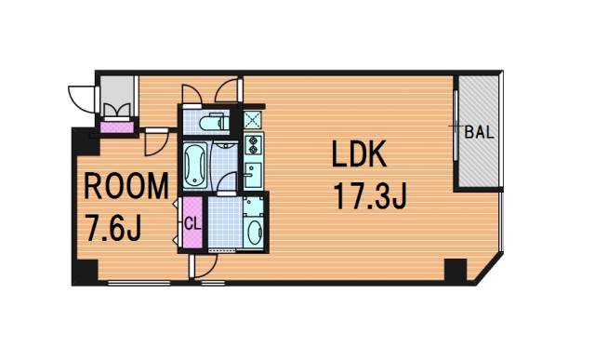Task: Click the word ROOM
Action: [x=126, y=186]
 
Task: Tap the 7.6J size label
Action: [x=113, y=228]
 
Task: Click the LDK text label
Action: [x=359, y=153]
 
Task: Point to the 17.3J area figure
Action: [x=370, y=195]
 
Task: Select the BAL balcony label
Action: [x=480, y=132]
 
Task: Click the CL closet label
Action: [x=192, y=223]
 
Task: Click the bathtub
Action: [x=196, y=166]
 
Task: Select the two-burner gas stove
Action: [x=253, y=144]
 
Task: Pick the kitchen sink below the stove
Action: [x=253, y=175]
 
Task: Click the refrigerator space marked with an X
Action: [x=252, y=120]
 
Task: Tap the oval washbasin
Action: [x=254, y=233]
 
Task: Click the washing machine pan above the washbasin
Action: [x=254, y=206]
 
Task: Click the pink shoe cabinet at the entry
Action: [x=117, y=127]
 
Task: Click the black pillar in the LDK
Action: [x=455, y=271]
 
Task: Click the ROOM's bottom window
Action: [x=139, y=283]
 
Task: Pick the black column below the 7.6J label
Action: [x=85, y=272]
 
